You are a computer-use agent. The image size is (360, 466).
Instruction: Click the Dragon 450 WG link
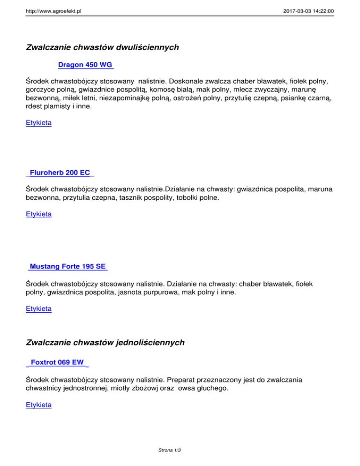pyautogui.click(x=85, y=65)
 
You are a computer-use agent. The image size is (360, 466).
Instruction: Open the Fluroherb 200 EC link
pyautogui.click(x=60, y=173)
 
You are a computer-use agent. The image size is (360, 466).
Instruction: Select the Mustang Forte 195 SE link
pyautogui.click(x=67, y=267)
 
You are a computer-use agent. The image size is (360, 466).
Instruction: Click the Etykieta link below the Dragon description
pyautogui.click(x=39, y=123)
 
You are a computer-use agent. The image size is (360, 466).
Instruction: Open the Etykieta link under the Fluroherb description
pyautogui.click(x=39, y=214)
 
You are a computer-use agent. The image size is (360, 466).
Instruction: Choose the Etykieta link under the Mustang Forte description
pyautogui.click(x=39, y=309)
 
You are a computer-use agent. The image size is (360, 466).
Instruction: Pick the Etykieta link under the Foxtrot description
pyautogui.click(x=39, y=404)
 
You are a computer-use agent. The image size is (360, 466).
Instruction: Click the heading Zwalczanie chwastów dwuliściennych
pyautogui.click(x=103, y=47)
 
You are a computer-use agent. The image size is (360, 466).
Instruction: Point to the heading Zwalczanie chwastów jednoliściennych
pyautogui.click(x=105, y=343)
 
